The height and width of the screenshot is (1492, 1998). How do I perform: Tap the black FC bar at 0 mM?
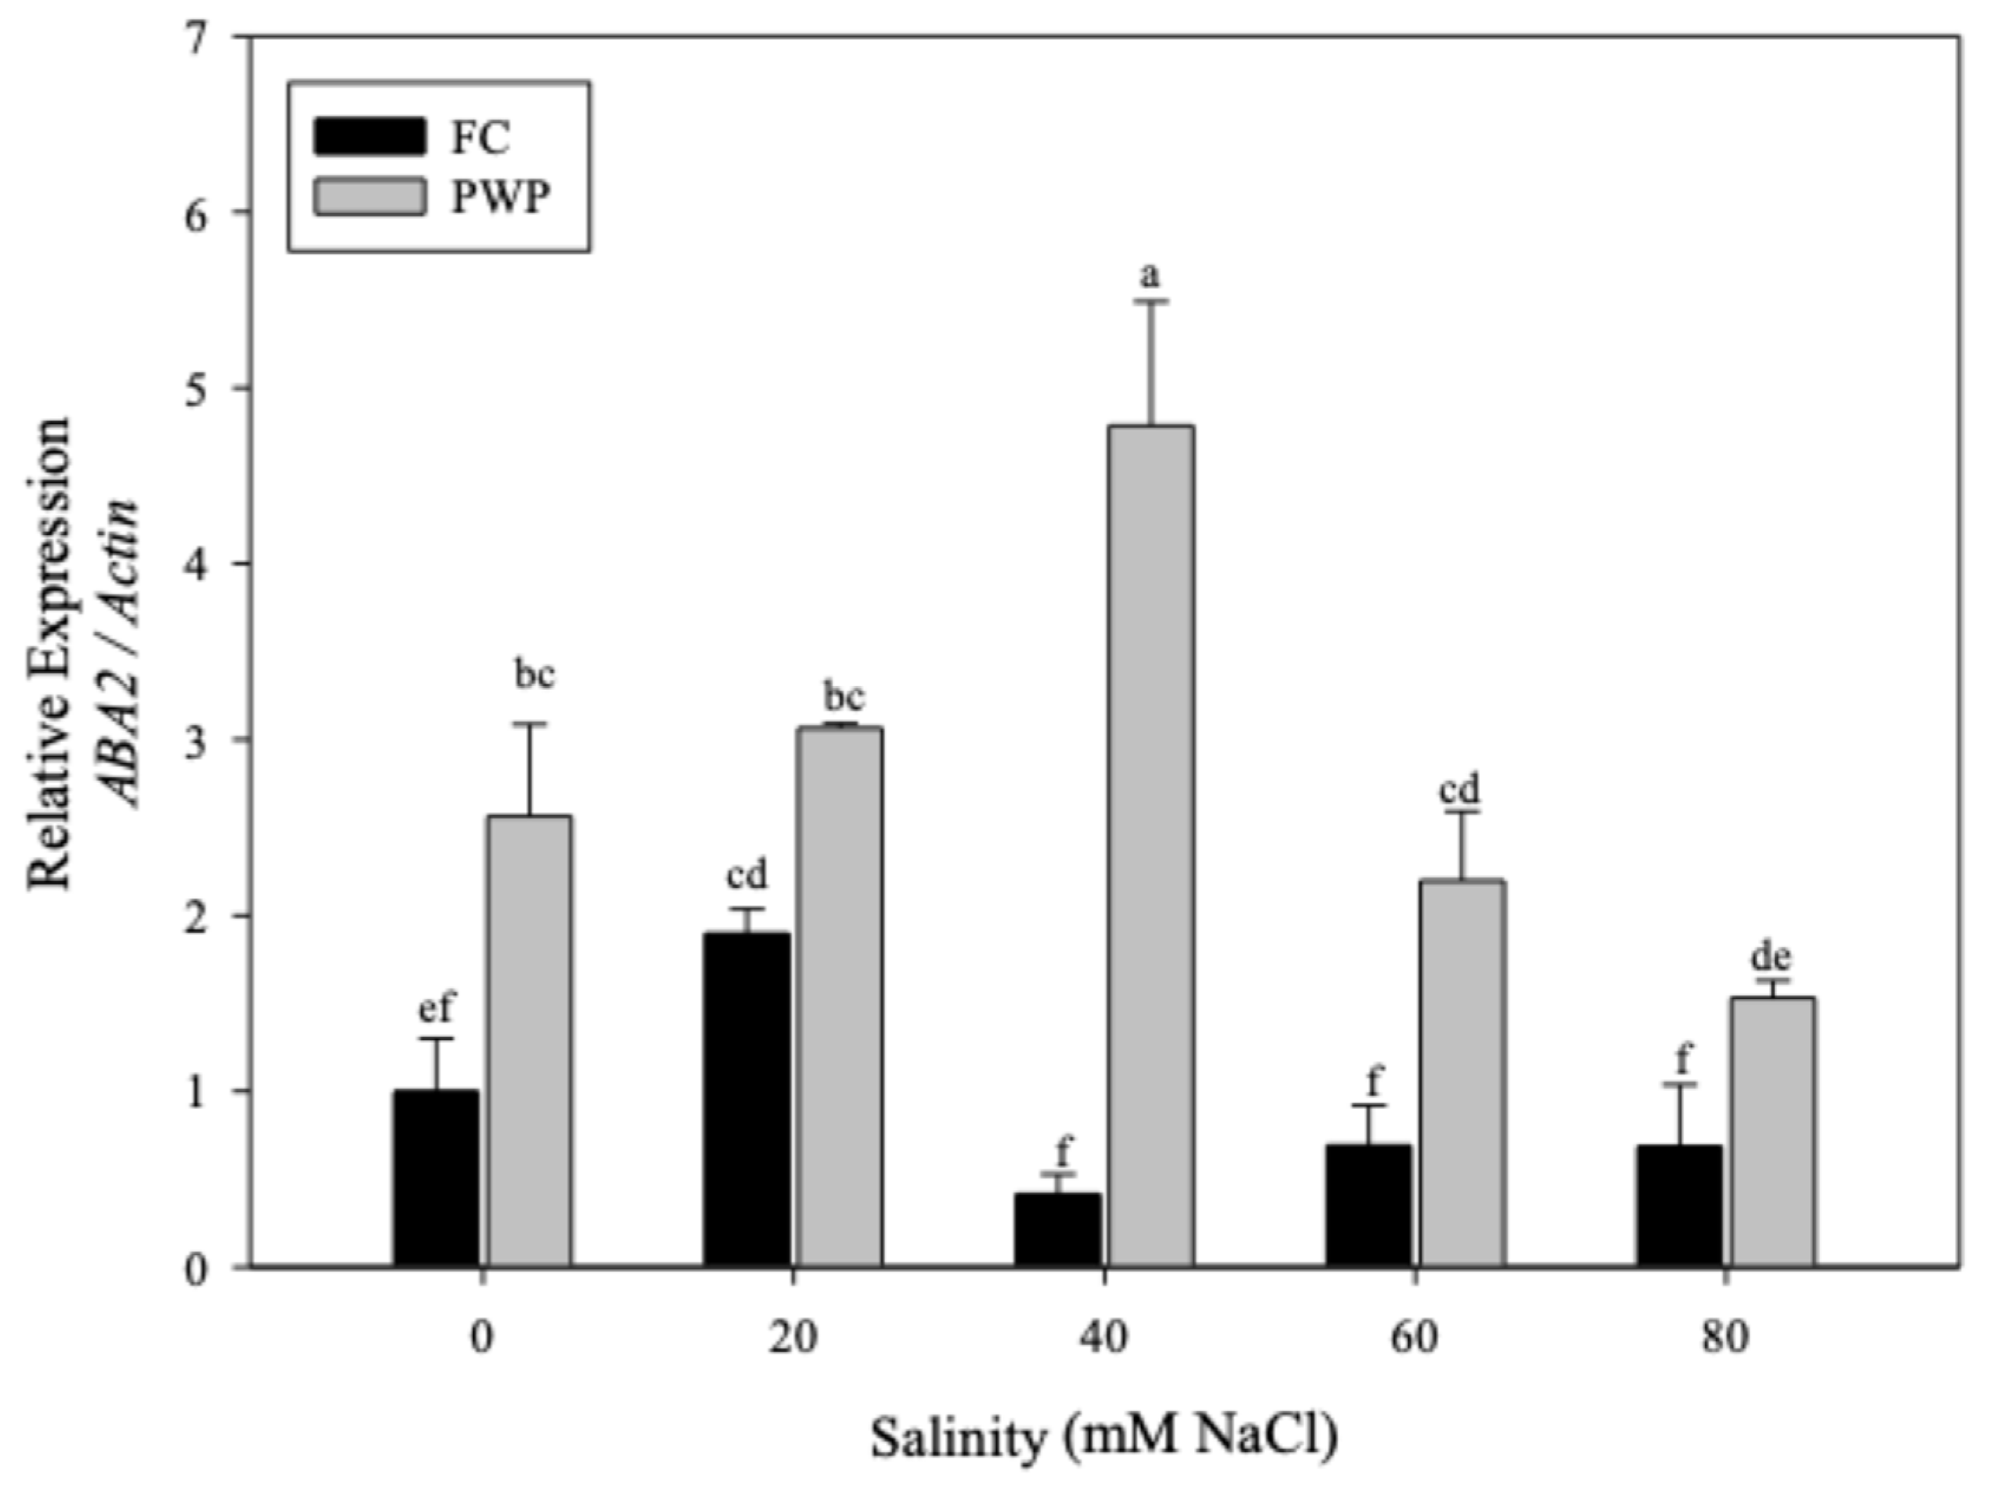[x=436, y=1178]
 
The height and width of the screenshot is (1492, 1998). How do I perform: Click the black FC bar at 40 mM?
[x=1057, y=1230]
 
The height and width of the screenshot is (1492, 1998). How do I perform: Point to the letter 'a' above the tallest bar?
[x=1149, y=276]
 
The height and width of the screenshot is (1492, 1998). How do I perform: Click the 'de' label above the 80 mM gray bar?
[x=1770, y=956]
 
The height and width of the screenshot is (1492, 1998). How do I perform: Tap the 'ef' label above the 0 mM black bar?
[x=437, y=1009]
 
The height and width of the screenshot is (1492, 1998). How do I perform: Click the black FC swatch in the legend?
[x=369, y=137]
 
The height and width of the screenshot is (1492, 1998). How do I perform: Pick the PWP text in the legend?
[x=500, y=197]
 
